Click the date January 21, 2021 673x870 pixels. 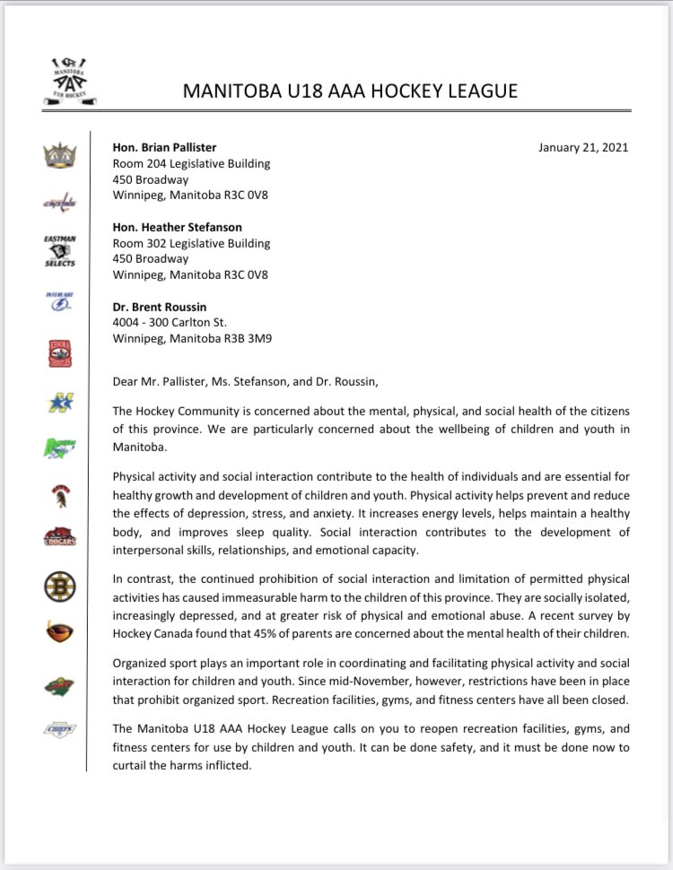click(583, 148)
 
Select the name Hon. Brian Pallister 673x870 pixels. click(164, 148)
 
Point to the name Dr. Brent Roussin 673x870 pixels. click(158, 307)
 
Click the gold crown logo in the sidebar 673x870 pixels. click(60, 155)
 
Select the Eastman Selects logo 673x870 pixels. click(60, 251)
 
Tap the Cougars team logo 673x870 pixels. click(60, 537)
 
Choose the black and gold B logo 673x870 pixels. click(60, 587)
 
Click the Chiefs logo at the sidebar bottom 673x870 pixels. click(60, 729)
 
